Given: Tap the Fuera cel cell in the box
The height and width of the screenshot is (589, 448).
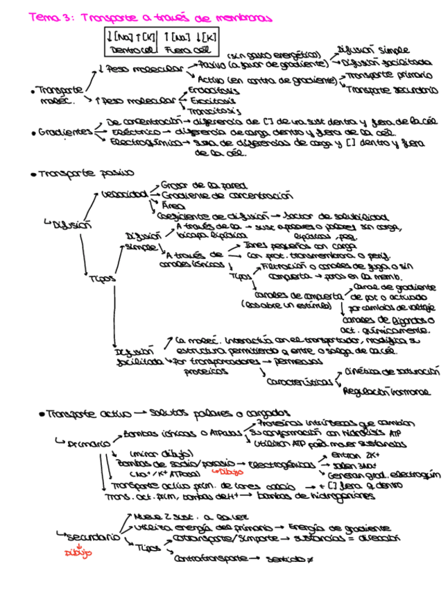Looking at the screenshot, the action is click(187, 50).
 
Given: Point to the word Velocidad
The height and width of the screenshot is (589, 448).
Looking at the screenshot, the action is click(123, 194).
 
